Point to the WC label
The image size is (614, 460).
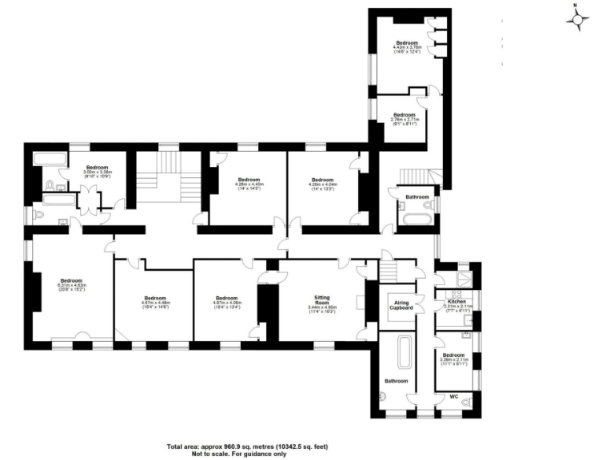(453, 396)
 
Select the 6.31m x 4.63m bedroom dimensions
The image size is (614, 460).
(71, 285)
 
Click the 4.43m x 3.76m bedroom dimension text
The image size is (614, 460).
(407, 47)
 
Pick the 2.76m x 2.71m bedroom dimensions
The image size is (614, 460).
(404, 119)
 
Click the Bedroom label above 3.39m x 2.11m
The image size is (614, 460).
(453, 355)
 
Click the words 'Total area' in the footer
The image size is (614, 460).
(185, 446)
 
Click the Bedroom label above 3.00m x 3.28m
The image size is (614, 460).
(96, 168)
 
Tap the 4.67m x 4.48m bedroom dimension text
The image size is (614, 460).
(151, 303)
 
